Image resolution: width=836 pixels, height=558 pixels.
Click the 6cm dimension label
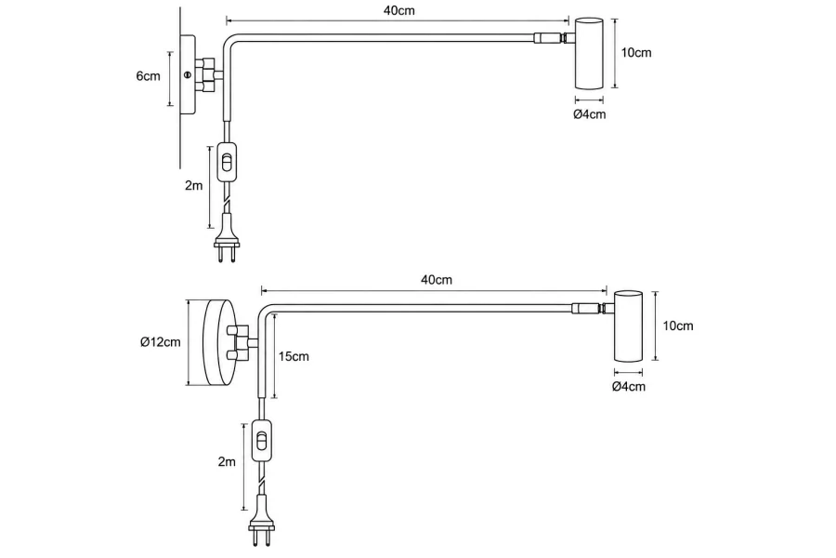tap(148, 76)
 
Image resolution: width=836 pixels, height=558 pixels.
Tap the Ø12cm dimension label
tap(161, 342)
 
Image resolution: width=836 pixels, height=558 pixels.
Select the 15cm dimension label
tap(294, 356)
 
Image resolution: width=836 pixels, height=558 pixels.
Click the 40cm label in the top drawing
tap(399, 10)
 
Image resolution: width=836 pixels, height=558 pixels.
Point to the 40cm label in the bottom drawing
tap(437, 280)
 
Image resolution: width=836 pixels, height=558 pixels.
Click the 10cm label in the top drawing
tap(636, 53)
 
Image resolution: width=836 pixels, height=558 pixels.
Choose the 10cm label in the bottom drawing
tap(678, 325)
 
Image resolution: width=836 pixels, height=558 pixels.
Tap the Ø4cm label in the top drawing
tap(590, 114)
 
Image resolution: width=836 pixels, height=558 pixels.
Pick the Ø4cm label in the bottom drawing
tap(629, 387)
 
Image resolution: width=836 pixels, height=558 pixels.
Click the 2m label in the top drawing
tap(193, 186)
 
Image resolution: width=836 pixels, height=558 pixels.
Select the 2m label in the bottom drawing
tap(227, 462)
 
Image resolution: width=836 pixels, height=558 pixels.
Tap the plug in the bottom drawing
tap(261, 521)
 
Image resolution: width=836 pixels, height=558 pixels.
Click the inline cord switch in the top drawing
tap(228, 162)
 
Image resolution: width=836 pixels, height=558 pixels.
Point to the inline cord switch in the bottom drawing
tap(261, 440)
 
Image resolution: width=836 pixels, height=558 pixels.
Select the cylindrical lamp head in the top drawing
tap(589, 53)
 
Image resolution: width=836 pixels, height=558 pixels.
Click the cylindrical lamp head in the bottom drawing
tap(628, 325)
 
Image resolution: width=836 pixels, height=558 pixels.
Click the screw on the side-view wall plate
tap(187, 75)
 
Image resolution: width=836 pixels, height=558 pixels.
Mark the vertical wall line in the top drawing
tap(181, 87)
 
